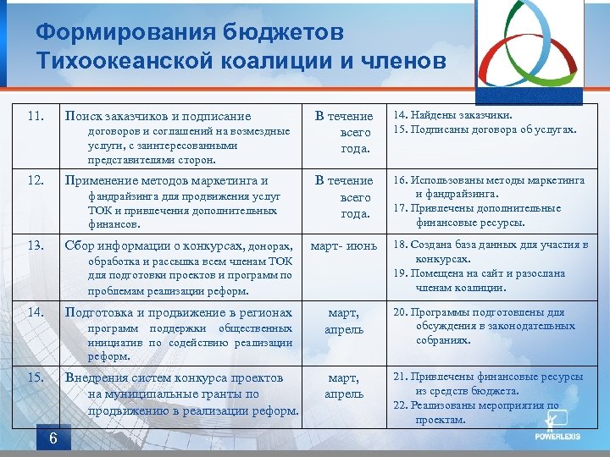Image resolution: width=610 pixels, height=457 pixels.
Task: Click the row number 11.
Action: [36, 116]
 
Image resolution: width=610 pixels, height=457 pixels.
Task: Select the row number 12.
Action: [36, 180]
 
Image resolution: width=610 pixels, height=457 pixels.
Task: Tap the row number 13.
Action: [36, 245]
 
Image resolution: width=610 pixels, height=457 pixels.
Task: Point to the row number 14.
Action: [36, 312]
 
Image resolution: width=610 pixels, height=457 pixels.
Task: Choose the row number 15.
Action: [36, 377]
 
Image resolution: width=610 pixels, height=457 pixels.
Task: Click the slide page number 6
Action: [53, 438]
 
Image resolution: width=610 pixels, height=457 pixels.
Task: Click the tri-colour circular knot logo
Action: [532, 50]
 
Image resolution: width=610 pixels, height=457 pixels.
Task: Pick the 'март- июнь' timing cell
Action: [343, 245]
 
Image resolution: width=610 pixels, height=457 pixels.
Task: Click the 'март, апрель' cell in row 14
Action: [343, 321]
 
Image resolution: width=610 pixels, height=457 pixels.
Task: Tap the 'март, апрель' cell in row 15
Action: [343, 385]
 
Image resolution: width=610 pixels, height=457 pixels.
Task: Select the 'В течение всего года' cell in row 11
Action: [343, 132]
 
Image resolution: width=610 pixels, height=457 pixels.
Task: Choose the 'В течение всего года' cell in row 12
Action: [343, 196]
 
